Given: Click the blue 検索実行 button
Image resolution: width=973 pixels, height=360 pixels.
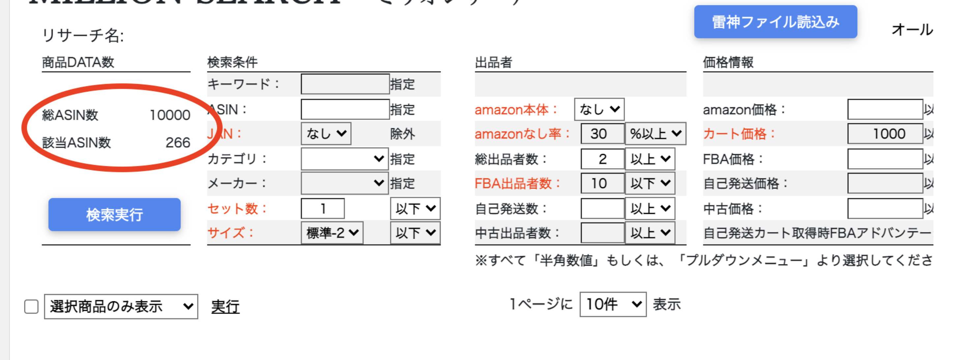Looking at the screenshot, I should coord(114,215).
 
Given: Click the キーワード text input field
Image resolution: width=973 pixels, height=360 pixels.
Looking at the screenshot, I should coord(345,84).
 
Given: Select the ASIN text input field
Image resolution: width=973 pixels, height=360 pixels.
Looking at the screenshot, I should coord(345,109).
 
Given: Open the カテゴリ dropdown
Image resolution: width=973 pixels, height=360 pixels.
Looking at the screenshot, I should coord(344,159).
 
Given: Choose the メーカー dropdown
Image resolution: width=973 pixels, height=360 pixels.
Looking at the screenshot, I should coord(344,183).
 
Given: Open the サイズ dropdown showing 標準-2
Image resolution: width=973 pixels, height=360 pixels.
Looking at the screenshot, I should coord(332,233).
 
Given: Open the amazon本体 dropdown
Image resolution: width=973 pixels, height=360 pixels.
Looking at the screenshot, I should coord(599,109).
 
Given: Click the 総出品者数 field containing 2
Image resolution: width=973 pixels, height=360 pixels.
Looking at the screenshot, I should coord(602,159).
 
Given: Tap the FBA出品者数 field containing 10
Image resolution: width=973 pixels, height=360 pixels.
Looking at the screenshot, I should coord(602,183).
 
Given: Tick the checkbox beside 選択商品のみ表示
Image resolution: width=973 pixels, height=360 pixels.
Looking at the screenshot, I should coord(31,306).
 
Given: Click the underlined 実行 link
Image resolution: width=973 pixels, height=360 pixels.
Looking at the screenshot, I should coord(225,306).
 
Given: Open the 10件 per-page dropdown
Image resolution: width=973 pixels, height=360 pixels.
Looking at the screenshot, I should coord(613,304).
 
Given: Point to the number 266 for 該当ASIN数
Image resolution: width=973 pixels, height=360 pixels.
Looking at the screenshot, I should coord(178,143).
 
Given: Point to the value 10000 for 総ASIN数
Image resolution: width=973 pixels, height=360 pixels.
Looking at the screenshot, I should coord(170,115).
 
